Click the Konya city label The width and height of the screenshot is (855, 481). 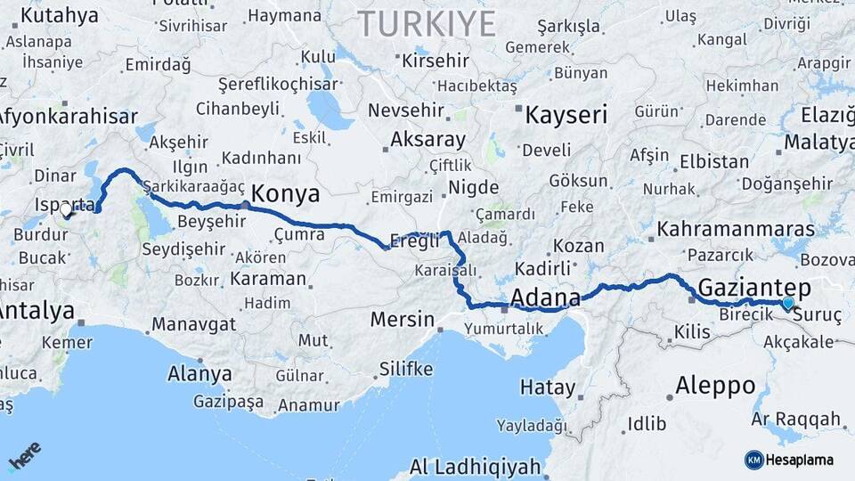285,194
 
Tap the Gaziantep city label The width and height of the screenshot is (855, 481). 754,288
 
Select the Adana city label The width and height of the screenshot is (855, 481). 545,298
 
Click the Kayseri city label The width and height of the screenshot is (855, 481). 566,115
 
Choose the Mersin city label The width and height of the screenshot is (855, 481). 403,320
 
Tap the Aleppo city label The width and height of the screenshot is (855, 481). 715,387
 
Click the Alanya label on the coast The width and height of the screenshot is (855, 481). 199,374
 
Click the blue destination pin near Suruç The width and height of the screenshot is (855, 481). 788,305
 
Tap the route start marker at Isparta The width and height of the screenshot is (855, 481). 66,210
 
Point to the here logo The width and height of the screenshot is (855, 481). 24,456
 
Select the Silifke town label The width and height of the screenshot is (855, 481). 406,368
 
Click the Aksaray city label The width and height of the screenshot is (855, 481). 427,140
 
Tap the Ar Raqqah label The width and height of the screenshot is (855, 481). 796,419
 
